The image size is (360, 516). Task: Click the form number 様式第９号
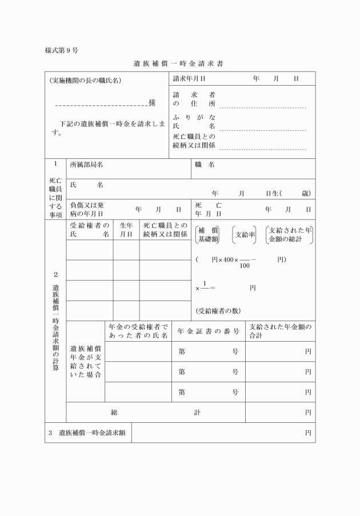[x=62, y=50]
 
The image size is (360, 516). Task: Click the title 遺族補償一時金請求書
[x=178, y=63]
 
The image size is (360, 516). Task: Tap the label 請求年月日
[x=189, y=79]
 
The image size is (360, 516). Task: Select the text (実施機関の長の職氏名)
[x=85, y=81]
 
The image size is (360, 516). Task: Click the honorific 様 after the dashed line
[x=152, y=102]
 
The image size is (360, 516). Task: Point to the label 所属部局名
[x=86, y=165]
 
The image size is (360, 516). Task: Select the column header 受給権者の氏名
[x=90, y=230]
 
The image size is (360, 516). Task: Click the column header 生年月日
[x=126, y=230]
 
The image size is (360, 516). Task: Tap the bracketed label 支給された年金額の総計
[x=290, y=234]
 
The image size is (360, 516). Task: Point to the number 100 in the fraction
[x=245, y=265]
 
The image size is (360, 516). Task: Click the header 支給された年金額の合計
[x=280, y=331]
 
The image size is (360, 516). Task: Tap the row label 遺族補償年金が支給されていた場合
[x=86, y=361]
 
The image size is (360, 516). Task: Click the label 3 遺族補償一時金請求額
[x=87, y=433]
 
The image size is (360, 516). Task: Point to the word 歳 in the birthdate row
[x=306, y=193]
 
